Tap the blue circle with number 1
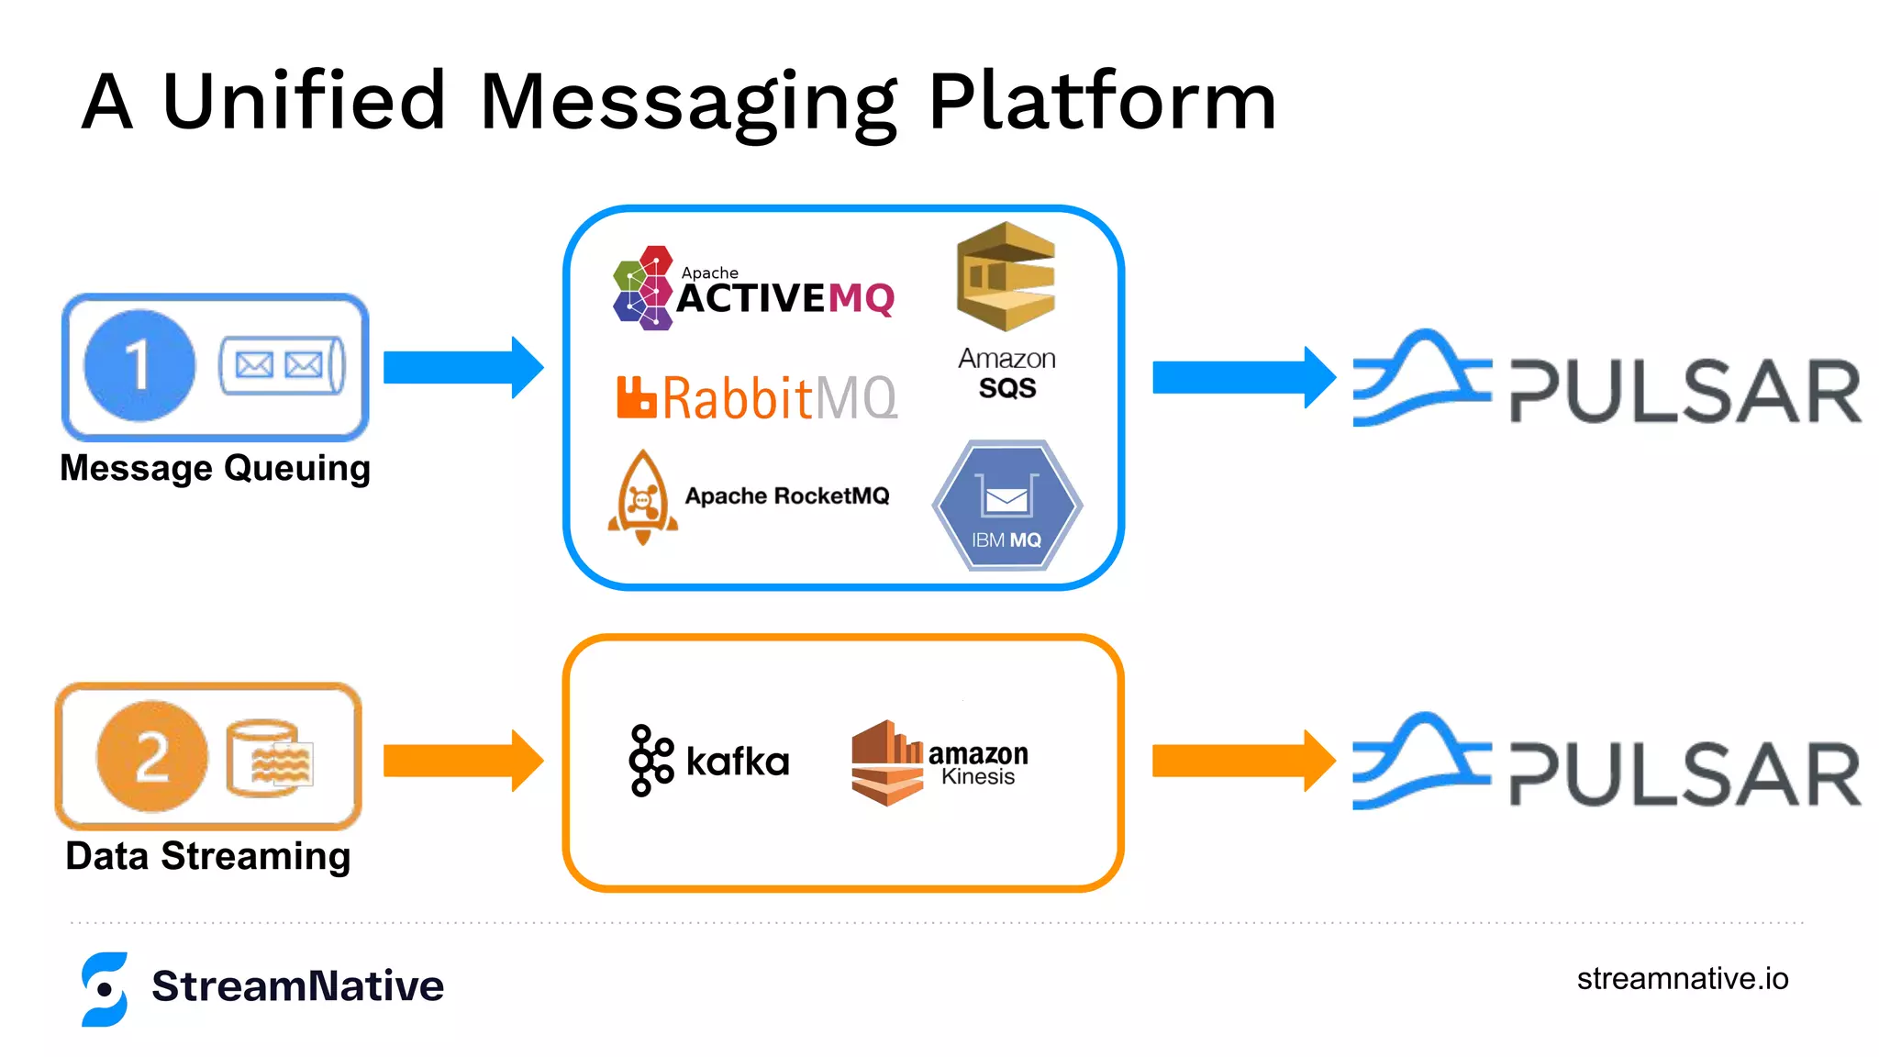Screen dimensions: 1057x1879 (x=139, y=365)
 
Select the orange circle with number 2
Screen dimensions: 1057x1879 (x=152, y=756)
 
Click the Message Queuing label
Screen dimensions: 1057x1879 (x=215, y=468)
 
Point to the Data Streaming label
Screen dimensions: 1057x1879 (x=208, y=856)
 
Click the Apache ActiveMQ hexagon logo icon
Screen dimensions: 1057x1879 (x=643, y=288)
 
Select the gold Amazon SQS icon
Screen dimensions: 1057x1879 (x=1006, y=277)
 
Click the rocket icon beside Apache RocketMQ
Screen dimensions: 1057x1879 (x=643, y=497)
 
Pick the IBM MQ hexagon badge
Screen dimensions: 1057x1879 (x=1006, y=506)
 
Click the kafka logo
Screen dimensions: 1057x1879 (x=709, y=761)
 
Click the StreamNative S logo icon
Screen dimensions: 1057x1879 (x=105, y=988)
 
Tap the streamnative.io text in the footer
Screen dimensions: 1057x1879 (x=1682, y=979)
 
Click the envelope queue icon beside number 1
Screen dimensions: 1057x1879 (x=282, y=365)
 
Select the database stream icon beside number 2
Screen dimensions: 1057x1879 (x=269, y=758)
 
